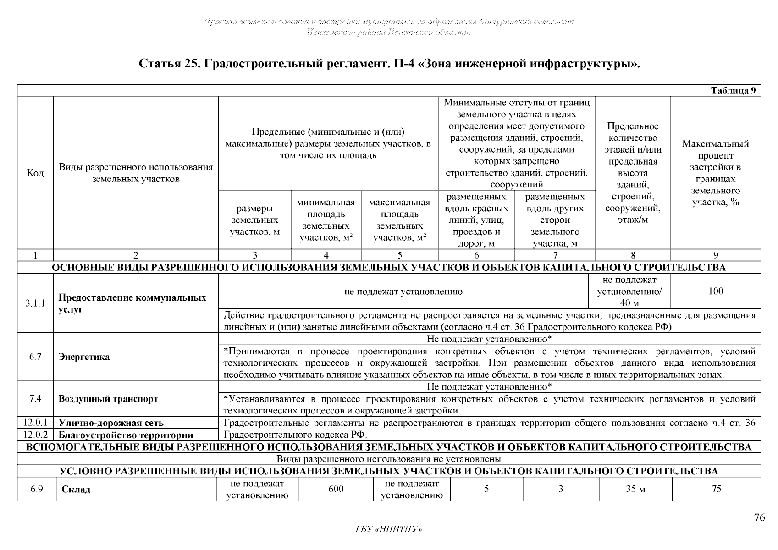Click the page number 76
click(x=759, y=517)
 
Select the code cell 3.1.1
click(x=35, y=303)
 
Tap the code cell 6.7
click(x=35, y=357)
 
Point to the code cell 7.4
click(x=35, y=398)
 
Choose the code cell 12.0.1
click(x=35, y=423)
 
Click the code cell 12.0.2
click(x=35, y=434)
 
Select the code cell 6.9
click(x=37, y=489)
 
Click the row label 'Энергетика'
click(x=84, y=357)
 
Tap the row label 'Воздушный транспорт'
click(x=108, y=399)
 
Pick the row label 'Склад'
click(x=76, y=489)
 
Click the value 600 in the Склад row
click(x=336, y=489)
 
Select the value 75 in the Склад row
click(x=716, y=489)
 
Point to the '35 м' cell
click(x=635, y=489)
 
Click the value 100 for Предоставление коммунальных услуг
click(x=716, y=291)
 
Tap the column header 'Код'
click(x=35, y=173)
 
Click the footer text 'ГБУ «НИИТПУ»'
click(x=389, y=530)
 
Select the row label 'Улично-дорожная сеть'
click(x=111, y=423)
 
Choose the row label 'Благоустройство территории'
click(x=126, y=435)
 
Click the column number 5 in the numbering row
click(x=399, y=255)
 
